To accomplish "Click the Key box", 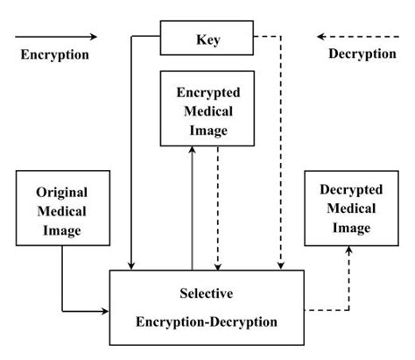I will point(207,38).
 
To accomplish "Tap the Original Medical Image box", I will point(63,210).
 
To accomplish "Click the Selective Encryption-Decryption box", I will point(207,306).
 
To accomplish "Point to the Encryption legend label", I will point(53,54).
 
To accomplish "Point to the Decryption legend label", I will point(362,54).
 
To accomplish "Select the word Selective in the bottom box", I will point(207,291).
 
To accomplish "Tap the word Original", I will point(63,191).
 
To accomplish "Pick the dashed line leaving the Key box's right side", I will point(267,38).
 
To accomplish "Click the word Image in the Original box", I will point(63,230).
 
